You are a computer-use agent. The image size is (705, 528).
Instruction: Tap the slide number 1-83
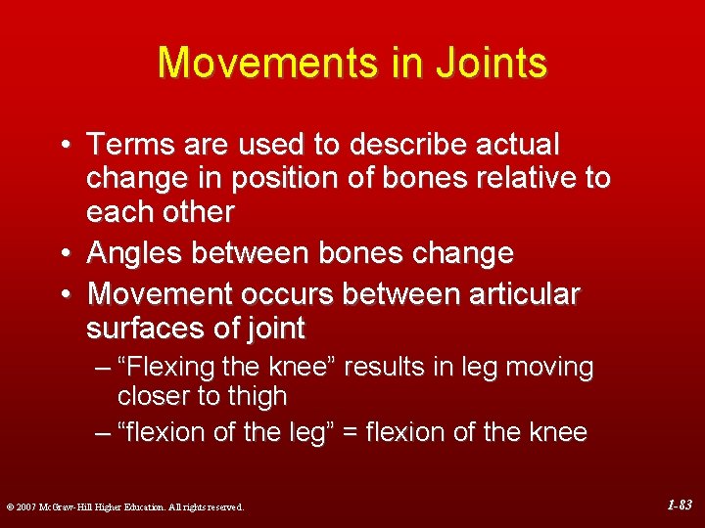[680, 506]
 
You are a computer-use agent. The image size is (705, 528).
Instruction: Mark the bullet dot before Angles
[64, 254]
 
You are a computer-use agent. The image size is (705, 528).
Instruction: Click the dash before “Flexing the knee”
[103, 368]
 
